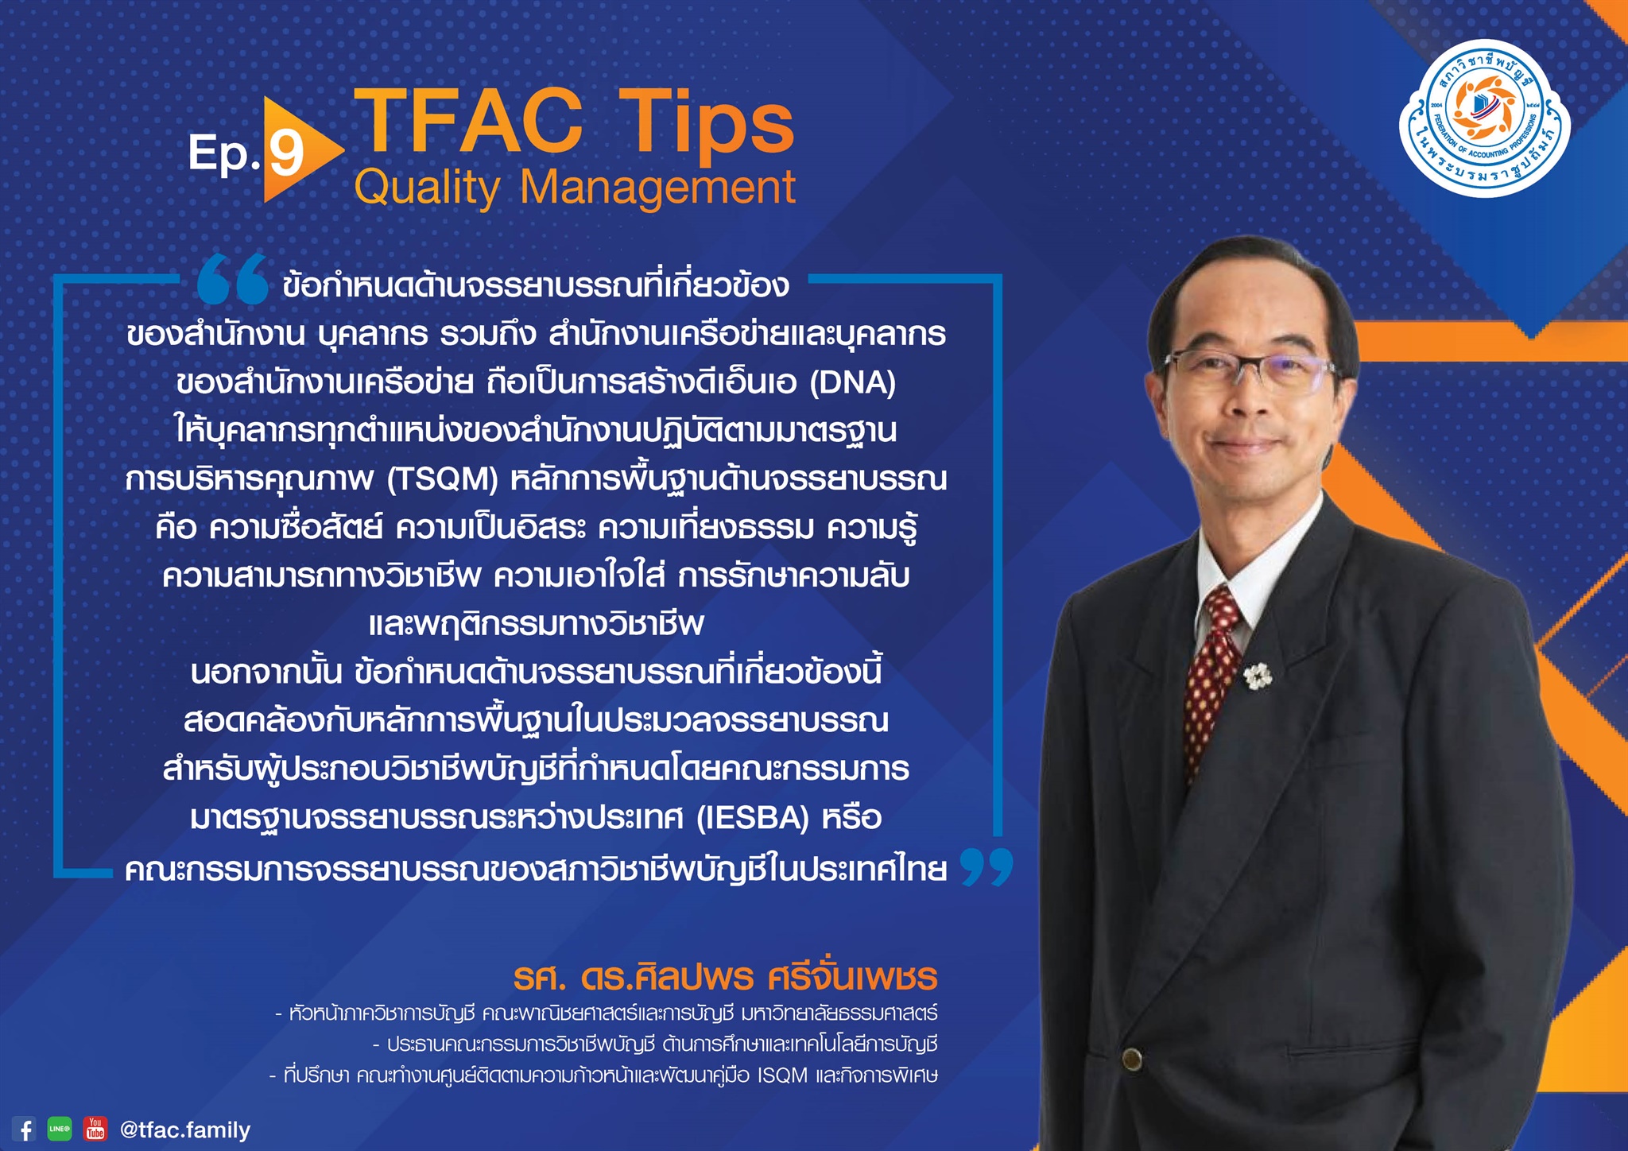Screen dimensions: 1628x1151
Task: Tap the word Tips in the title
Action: click(x=706, y=121)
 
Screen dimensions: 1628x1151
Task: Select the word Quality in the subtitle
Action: click(x=427, y=189)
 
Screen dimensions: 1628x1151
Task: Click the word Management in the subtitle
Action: click(x=657, y=188)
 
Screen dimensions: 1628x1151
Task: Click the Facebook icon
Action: click(x=25, y=1129)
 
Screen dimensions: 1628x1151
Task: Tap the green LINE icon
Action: click(x=60, y=1129)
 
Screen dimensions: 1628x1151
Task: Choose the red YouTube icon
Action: click(x=95, y=1129)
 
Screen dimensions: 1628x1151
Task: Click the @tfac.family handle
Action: click(x=184, y=1130)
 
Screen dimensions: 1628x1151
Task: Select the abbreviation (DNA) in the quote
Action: click(x=853, y=382)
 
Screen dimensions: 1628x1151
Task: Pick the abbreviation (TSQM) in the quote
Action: click(x=443, y=479)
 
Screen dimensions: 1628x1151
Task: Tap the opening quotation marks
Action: click(x=233, y=279)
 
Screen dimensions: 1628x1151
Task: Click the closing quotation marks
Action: click(x=986, y=866)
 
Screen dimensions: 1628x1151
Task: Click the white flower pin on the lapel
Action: click(x=1258, y=676)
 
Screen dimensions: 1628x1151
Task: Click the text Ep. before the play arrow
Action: click(x=224, y=153)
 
